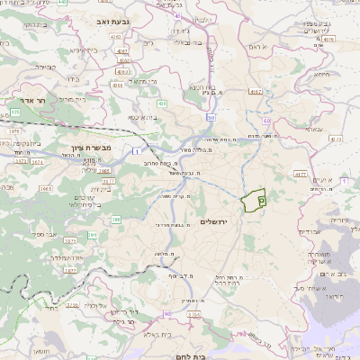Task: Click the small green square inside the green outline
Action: coord(261,198)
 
